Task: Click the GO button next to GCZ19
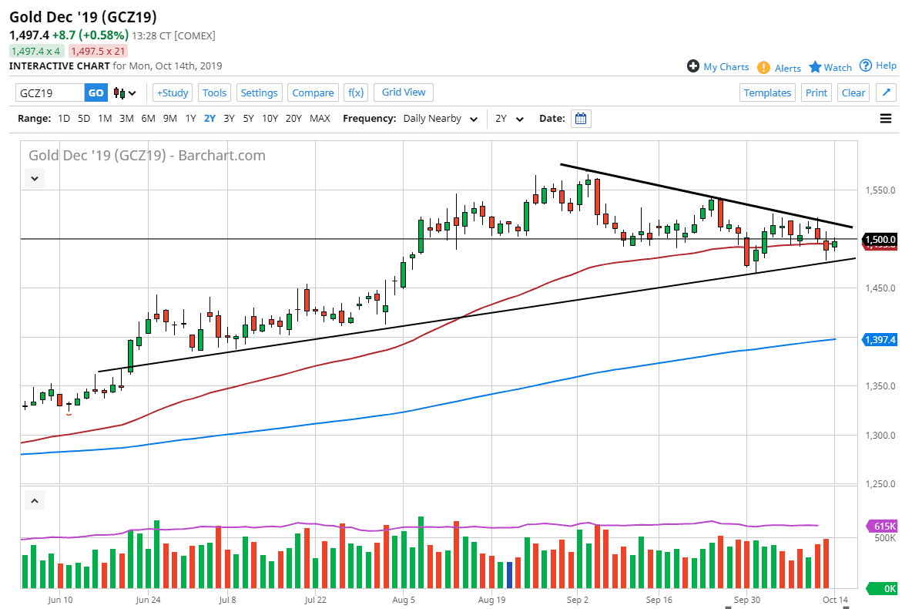(x=96, y=93)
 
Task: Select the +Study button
(x=173, y=93)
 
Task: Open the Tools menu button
(x=214, y=93)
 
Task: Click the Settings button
(x=259, y=93)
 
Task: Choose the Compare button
(x=313, y=93)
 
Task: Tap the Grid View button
(x=404, y=92)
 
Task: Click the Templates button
(x=767, y=93)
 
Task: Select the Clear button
(x=853, y=93)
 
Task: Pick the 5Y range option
(x=248, y=119)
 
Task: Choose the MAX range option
(x=320, y=119)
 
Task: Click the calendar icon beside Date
(x=582, y=119)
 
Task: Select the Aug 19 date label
(x=491, y=598)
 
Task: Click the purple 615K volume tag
(x=882, y=526)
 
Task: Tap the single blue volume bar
(x=509, y=574)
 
